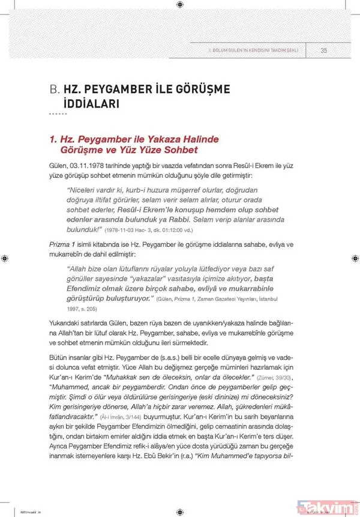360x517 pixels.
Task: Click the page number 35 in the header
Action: (x=323, y=50)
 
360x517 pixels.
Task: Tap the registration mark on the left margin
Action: (x=5, y=258)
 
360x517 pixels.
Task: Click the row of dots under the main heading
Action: (x=58, y=114)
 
